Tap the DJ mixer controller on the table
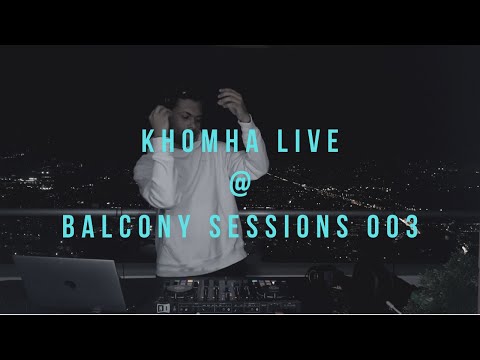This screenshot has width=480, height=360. pyautogui.click(x=250, y=295)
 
